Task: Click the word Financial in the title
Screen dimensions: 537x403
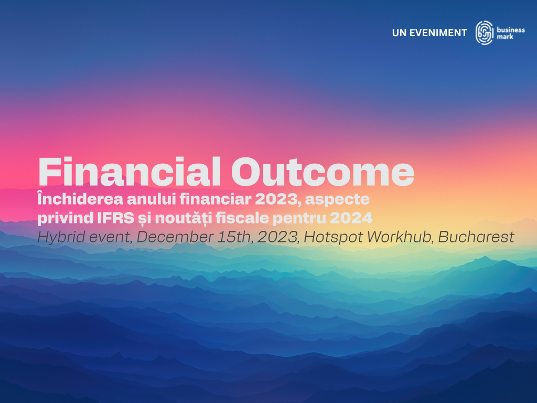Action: (x=130, y=172)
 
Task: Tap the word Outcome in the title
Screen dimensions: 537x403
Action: (x=323, y=172)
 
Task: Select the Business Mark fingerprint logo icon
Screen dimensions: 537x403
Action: (x=484, y=33)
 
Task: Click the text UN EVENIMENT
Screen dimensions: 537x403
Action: (x=429, y=33)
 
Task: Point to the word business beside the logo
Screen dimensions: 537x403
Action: (x=511, y=30)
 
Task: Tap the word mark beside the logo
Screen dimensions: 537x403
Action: (x=505, y=37)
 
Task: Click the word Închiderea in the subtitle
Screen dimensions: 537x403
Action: (x=80, y=199)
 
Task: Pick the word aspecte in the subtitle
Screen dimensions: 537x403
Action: (x=337, y=200)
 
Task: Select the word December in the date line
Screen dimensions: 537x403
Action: (x=175, y=237)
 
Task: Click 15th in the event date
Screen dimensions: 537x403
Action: (x=235, y=237)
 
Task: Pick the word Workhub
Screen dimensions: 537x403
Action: (x=397, y=237)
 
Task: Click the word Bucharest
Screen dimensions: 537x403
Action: (x=476, y=237)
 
